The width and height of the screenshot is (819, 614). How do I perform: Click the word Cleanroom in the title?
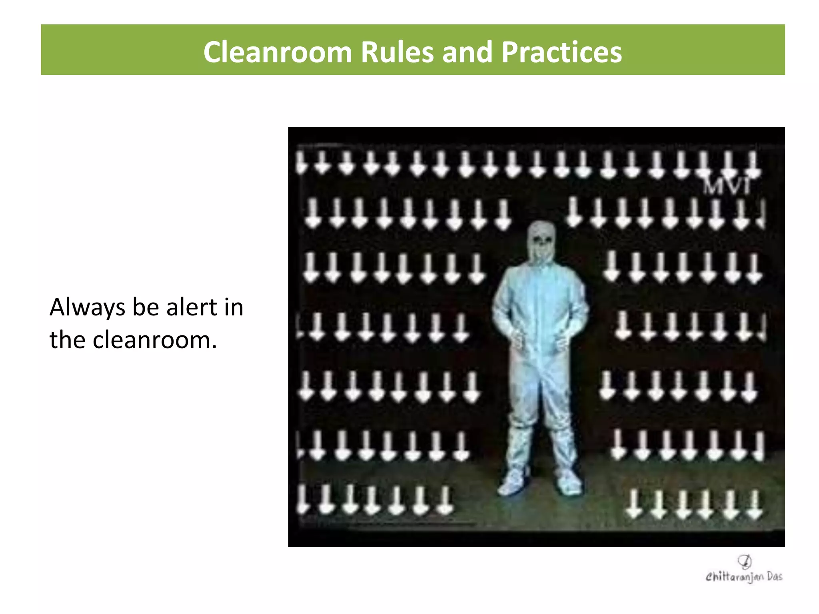(277, 52)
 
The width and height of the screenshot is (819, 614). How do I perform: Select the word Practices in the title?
(561, 52)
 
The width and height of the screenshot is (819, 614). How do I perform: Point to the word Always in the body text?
(87, 308)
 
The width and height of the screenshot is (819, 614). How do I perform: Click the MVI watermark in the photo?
(727, 185)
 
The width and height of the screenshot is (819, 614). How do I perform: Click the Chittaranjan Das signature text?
(744, 576)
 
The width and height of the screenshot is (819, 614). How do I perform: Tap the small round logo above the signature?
(744, 561)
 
